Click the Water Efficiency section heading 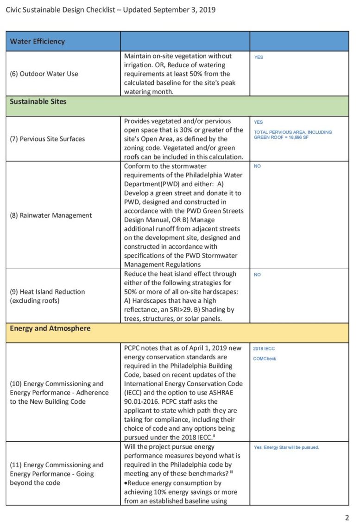[x=38, y=41]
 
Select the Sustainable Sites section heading [x=38, y=101]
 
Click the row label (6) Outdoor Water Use [x=44, y=74]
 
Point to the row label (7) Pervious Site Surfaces [x=47, y=139]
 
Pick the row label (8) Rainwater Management [x=51, y=215]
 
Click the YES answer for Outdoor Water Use [x=259, y=57]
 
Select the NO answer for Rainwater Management [x=257, y=166]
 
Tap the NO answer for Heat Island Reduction [x=257, y=275]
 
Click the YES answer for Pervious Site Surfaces [x=259, y=122]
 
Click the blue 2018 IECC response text [x=264, y=349]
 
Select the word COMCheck [x=265, y=358]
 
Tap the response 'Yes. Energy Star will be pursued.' [x=286, y=447]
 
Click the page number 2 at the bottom [x=347, y=518]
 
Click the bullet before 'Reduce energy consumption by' [x=126, y=483]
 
